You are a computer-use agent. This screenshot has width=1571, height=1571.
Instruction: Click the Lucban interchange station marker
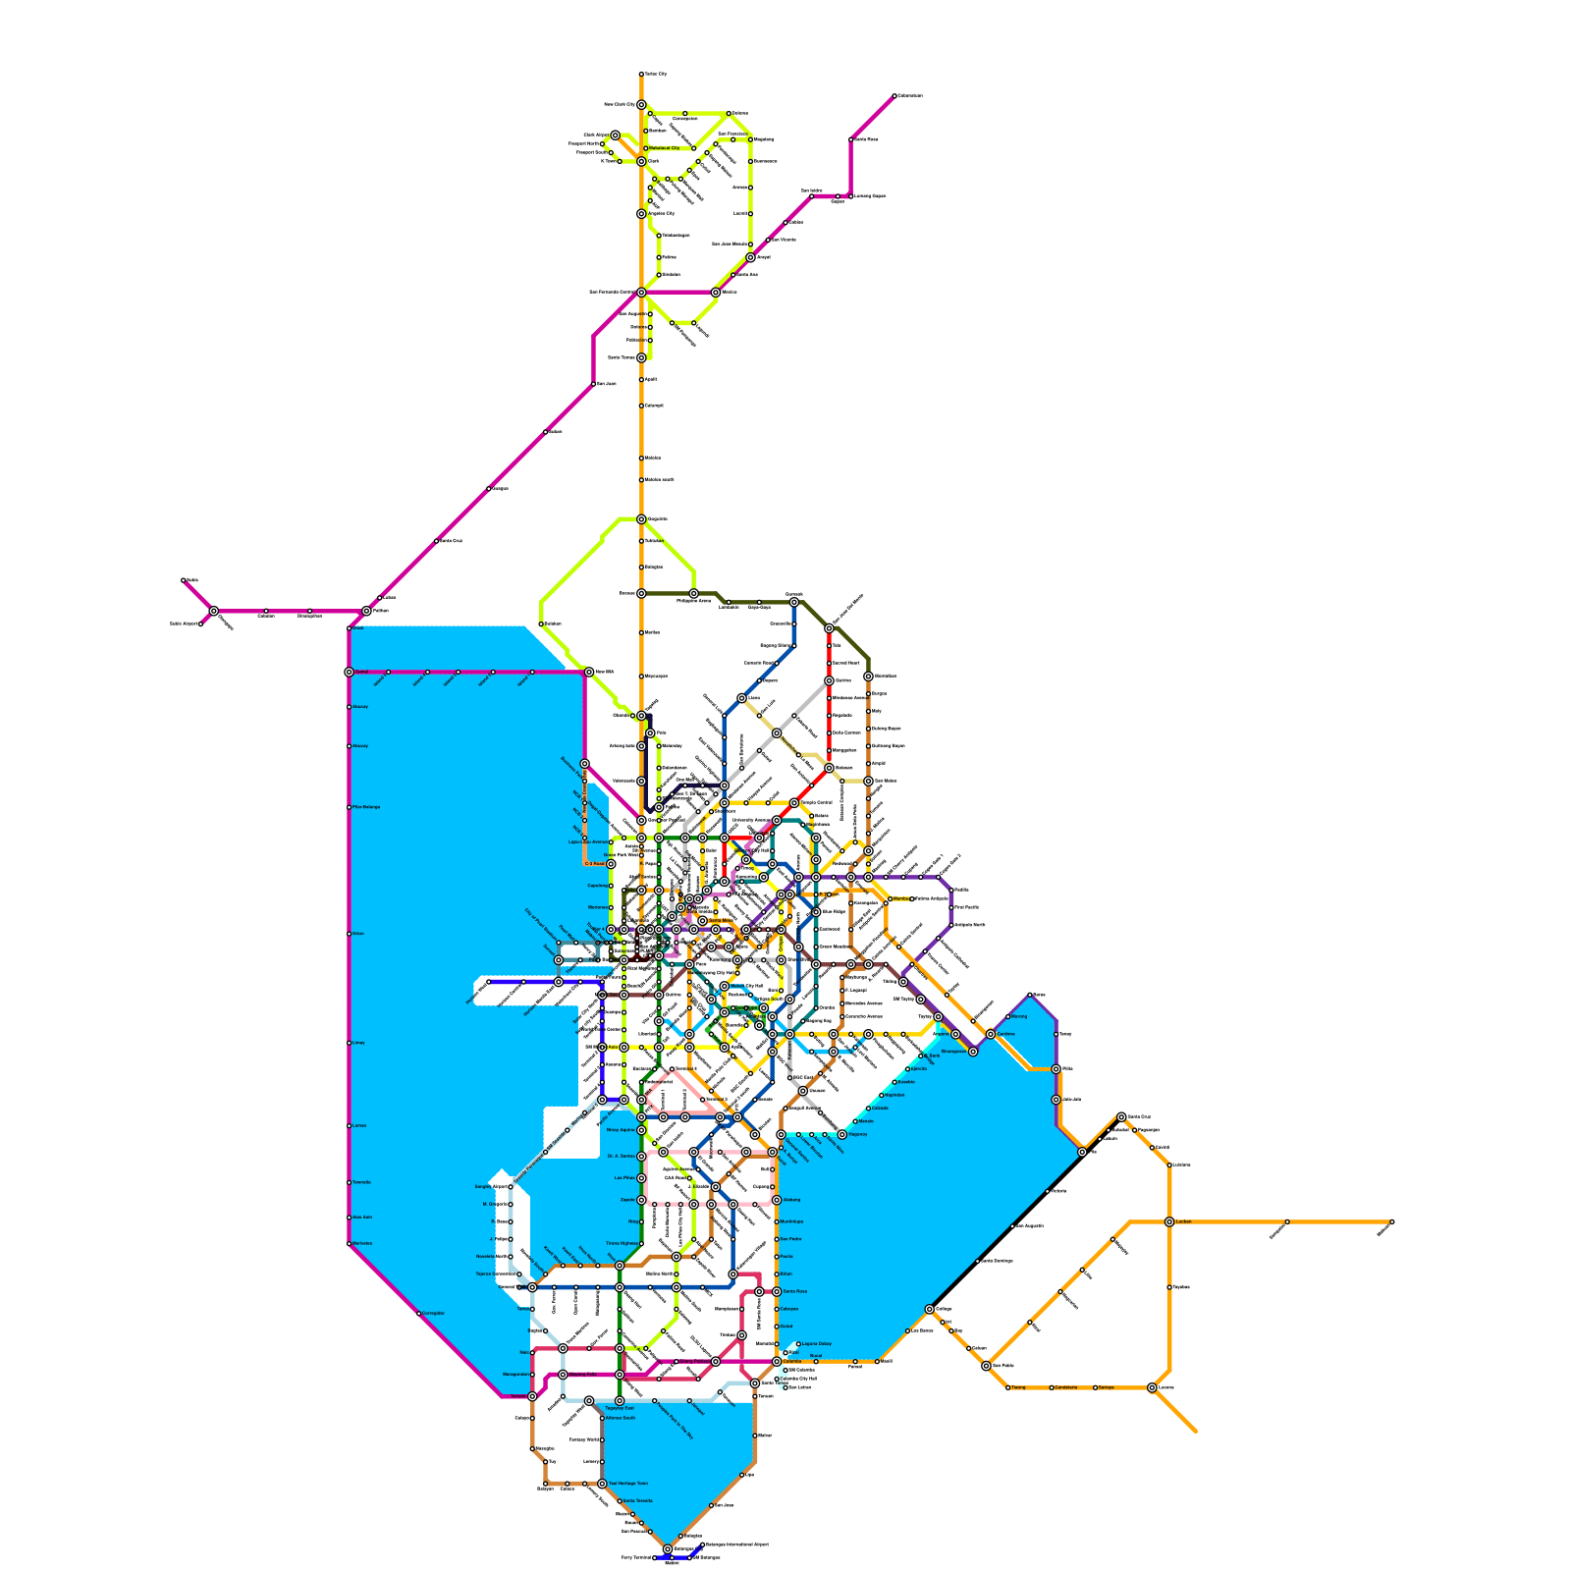coord(1169,1221)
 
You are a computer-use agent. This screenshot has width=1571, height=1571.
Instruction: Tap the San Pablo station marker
coord(986,1366)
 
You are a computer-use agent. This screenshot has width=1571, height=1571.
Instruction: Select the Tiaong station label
coord(1018,1387)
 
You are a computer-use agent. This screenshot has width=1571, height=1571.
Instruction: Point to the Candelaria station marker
coord(1052,1387)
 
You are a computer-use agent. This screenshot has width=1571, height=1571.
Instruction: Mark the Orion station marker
coord(349,934)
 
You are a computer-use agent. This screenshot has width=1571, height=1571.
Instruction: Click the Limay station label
coord(358,1043)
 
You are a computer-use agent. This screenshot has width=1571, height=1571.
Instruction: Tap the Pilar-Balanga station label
coord(364,807)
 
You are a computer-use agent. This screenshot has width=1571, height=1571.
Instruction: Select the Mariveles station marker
coord(349,1244)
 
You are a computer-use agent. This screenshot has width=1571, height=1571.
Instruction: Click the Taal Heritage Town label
coord(628,1484)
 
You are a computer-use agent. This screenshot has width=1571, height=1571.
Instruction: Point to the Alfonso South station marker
coord(602,1418)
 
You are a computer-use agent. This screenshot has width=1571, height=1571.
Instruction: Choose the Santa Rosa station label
coord(794,1291)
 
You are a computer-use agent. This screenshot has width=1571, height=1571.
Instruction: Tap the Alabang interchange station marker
coord(777,1200)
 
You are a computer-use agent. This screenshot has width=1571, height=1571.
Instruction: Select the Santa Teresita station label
coord(636,1501)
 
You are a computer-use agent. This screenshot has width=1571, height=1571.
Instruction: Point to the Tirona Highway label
coord(622,1243)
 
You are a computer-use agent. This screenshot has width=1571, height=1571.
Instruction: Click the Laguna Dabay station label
coord(817,1344)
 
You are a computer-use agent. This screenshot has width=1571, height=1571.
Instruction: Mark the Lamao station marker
coord(349,1126)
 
